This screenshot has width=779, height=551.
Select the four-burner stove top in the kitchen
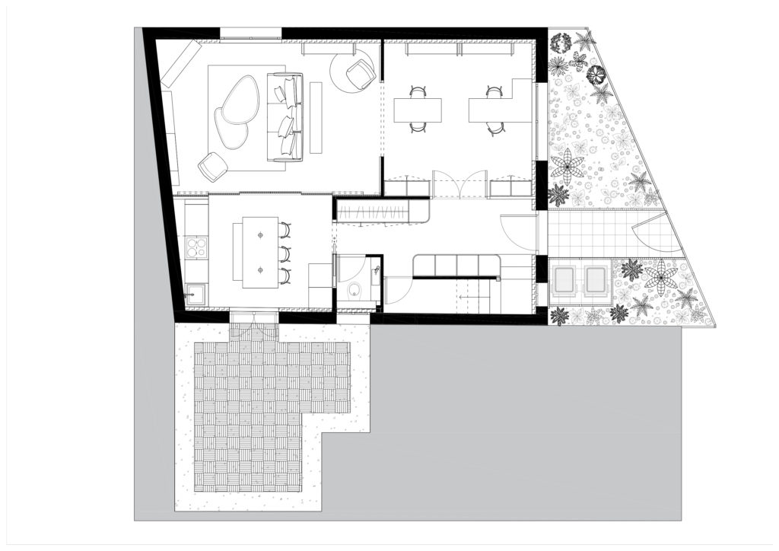point(195,248)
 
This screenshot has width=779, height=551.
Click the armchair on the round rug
point(359,74)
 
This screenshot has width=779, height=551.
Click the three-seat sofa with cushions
point(285,116)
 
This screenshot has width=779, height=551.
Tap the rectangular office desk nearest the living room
point(418,110)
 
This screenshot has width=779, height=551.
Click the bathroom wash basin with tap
point(375,271)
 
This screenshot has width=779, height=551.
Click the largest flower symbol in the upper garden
point(568,165)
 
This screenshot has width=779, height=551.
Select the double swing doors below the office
point(459,183)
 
